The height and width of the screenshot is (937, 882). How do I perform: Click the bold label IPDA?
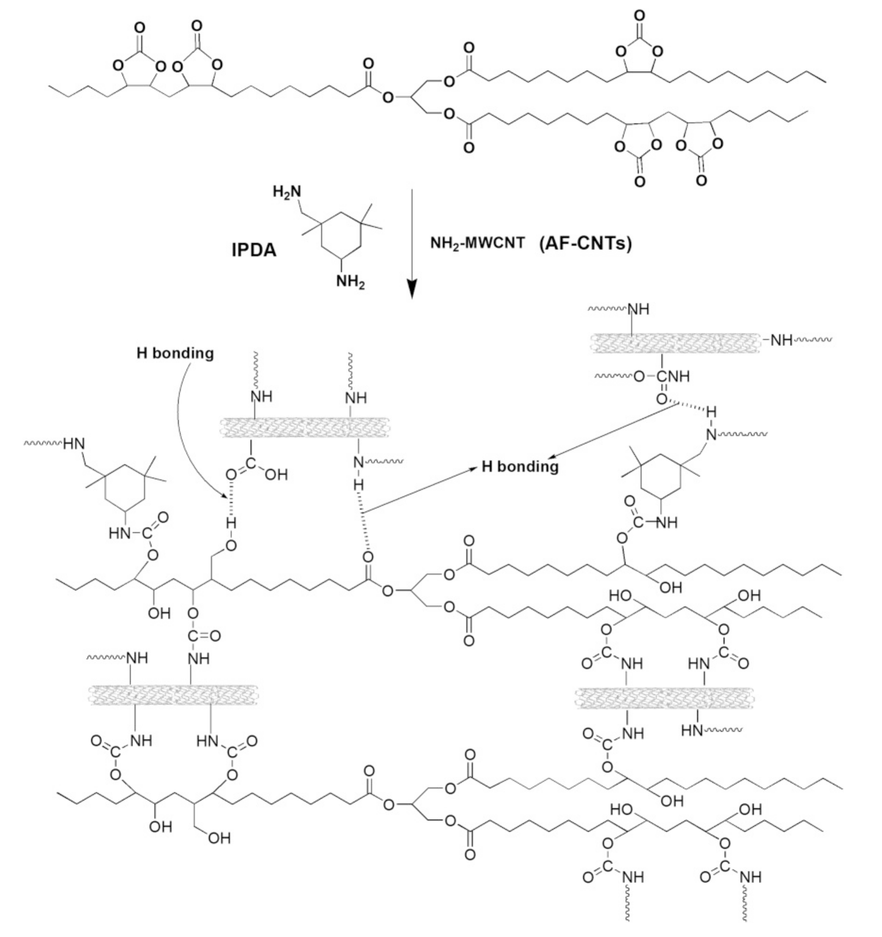(x=254, y=250)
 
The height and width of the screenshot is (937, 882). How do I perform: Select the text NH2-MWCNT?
(x=477, y=243)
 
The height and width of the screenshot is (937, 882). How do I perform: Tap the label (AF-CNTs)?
(x=585, y=243)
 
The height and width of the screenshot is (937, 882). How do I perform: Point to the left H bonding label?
(x=175, y=353)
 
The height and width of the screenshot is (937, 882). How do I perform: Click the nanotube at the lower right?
(x=664, y=698)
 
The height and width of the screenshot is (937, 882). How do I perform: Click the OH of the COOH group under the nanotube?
(x=276, y=475)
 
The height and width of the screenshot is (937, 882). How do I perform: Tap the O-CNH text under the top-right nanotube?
(x=662, y=376)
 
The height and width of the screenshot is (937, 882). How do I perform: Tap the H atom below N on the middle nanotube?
(x=359, y=484)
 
